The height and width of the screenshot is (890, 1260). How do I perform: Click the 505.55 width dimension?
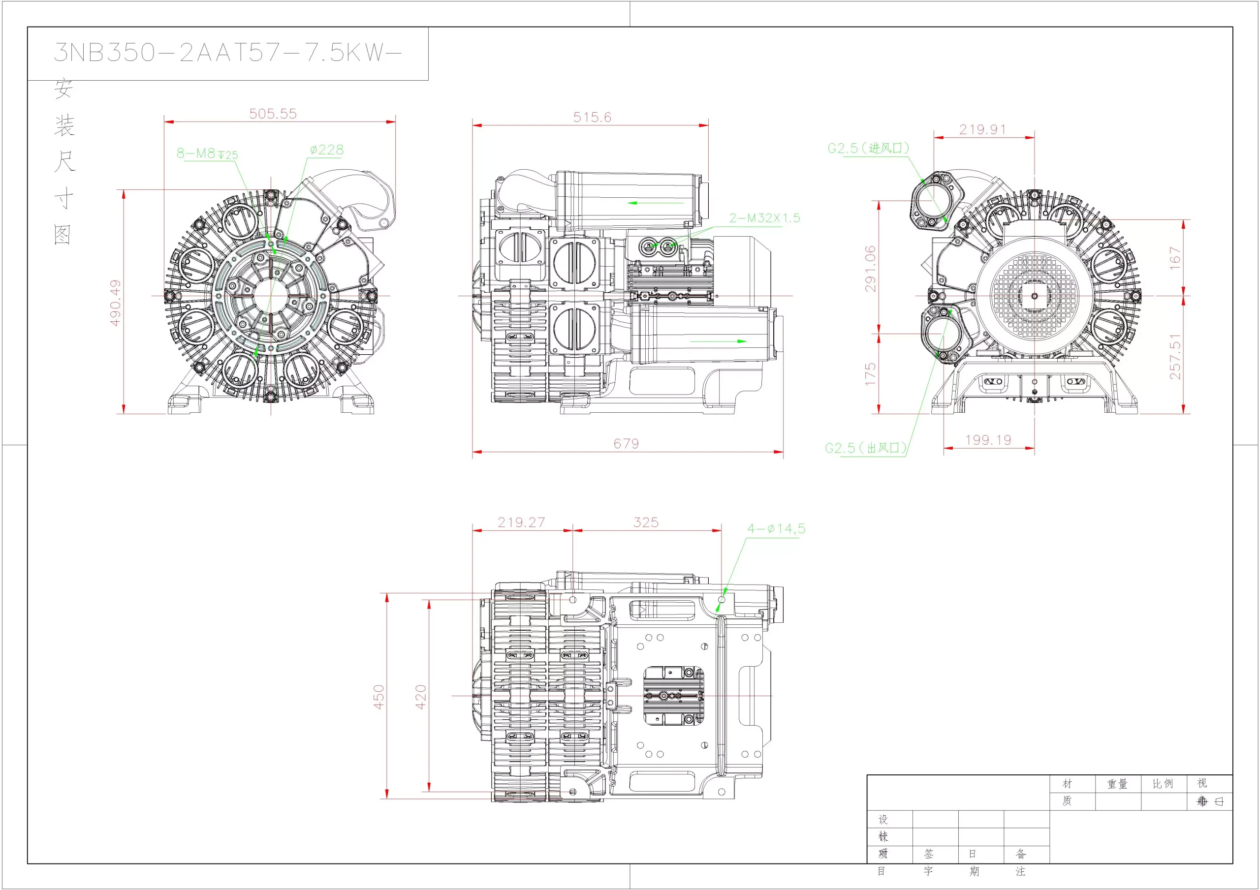273,114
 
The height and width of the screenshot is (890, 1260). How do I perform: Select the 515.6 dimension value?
592,118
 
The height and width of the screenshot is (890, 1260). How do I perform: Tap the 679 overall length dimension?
626,443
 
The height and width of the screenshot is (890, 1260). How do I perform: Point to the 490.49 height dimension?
115,303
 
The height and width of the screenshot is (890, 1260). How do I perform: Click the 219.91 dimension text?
982,130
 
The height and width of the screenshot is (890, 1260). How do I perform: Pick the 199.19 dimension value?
988,440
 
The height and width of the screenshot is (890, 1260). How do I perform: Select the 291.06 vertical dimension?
870,268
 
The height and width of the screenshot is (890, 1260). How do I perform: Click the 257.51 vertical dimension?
1174,357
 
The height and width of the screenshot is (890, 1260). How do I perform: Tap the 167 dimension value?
1174,258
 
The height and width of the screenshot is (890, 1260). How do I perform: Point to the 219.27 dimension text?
521,522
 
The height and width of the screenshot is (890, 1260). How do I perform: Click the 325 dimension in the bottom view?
646,522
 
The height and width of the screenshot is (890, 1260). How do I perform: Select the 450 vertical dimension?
378,697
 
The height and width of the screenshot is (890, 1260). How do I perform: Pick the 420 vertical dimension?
421,697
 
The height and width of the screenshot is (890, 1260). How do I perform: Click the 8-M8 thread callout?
207,153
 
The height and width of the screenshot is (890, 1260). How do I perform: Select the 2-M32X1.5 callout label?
764,218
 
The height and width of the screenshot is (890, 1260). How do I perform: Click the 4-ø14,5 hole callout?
776,529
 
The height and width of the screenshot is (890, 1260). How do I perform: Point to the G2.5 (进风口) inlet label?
868,148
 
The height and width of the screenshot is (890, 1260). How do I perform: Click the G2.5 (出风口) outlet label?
865,448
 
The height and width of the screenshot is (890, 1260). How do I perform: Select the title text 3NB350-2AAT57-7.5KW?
228,53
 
